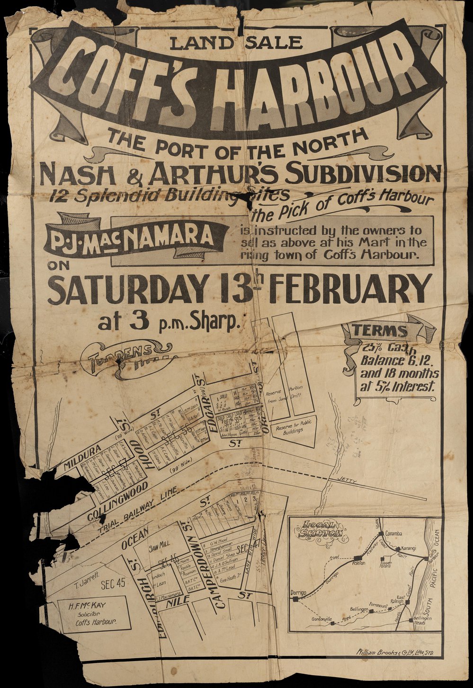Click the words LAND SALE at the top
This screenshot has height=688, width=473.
pyautogui.click(x=235, y=43)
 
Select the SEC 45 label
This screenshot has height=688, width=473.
pyautogui.click(x=113, y=583)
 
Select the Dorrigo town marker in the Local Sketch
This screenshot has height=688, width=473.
pyautogui.click(x=295, y=599)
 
